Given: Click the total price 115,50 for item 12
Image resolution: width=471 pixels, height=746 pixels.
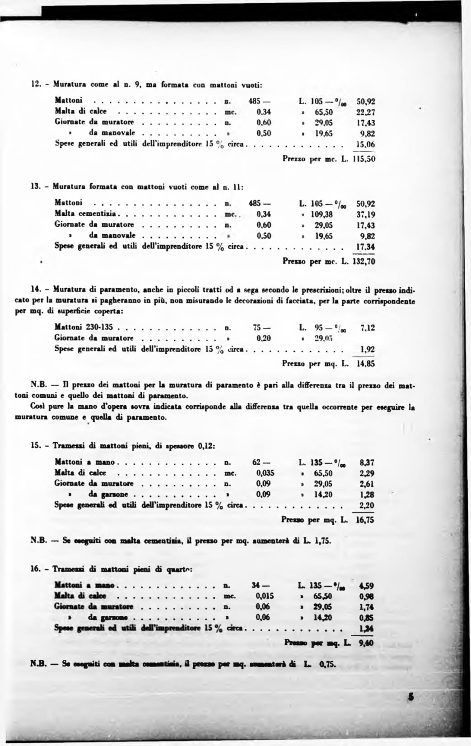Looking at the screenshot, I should coord(364,159).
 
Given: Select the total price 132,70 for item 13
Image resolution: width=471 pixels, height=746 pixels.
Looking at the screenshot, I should coord(364,261).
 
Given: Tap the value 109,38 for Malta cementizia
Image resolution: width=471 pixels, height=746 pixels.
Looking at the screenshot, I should coord(322,214).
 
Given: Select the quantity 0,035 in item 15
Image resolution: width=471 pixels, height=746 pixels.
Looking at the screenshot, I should coord(265,473).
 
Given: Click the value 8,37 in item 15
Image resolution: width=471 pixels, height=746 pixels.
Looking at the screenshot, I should coord(367,462).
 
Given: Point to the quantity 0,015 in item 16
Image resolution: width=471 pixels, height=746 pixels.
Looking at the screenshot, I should coord(265,596).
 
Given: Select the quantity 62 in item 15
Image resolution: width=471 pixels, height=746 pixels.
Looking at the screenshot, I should coord(257,462).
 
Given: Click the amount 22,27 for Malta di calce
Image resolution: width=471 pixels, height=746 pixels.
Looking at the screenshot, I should coord(366,112).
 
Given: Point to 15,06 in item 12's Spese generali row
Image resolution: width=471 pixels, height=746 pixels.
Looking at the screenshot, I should coord(366,144).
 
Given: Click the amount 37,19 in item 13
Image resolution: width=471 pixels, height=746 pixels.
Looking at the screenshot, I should coord(366,214).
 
